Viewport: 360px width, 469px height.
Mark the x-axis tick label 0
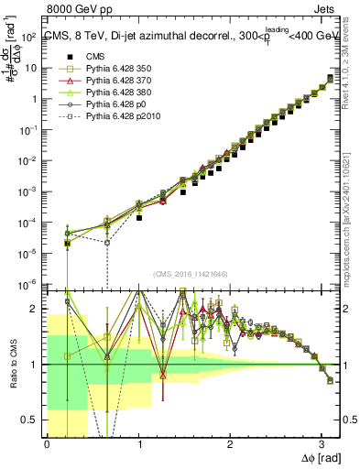coord(47,443)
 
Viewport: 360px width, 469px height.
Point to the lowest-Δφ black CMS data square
coord(68,244)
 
